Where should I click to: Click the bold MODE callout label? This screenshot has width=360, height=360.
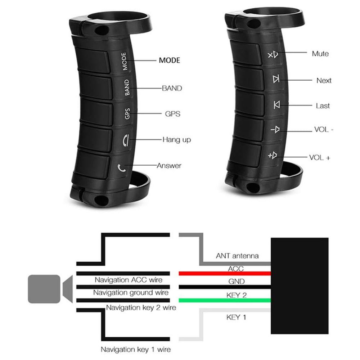(170, 60)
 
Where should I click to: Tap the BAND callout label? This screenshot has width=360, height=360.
(172, 88)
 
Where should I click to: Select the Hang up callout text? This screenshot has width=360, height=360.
(176, 140)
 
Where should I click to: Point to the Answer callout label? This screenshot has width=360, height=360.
(169, 166)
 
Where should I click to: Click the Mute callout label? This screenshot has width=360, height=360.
(320, 54)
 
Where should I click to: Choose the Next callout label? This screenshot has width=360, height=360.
(324, 81)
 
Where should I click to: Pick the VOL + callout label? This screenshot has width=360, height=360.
(320, 158)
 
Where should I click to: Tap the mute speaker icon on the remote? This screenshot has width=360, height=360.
(273, 55)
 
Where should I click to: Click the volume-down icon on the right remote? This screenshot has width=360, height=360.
(275, 130)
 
